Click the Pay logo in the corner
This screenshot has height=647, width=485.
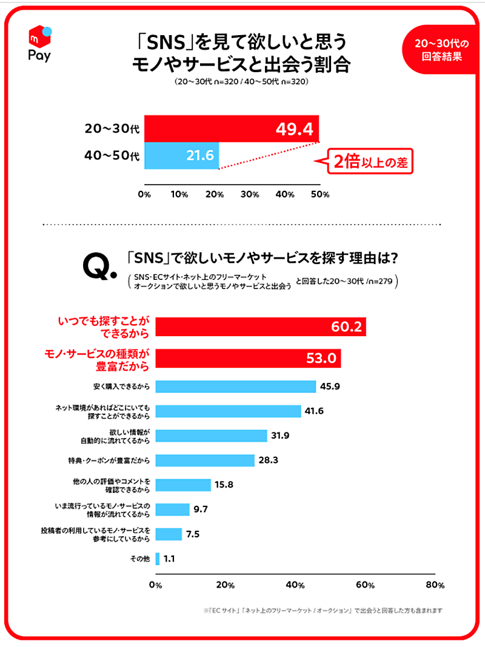point(39,44)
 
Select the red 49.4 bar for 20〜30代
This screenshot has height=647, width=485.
point(232,128)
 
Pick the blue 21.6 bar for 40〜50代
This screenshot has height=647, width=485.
point(181,156)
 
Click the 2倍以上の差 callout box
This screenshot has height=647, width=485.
point(370,162)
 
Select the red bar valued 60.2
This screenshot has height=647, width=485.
point(261,327)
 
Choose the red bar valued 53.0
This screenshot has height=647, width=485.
point(249,358)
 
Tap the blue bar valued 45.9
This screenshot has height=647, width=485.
point(236,386)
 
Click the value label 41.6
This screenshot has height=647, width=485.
point(313,411)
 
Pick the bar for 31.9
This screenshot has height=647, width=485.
point(212,436)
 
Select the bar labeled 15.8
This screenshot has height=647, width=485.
point(184,485)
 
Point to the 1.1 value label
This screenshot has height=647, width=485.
point(170,559)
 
